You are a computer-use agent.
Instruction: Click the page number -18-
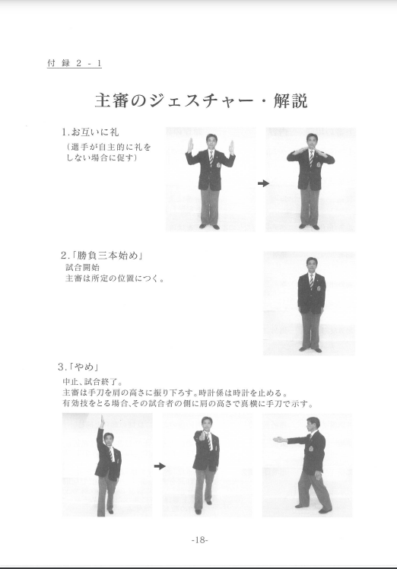(x=199, y=539)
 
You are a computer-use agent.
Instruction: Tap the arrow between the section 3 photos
(x=160, y=466)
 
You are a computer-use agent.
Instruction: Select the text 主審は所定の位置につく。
(x=115, y=278)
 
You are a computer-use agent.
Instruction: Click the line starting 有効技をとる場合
(x=187, y=404)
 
